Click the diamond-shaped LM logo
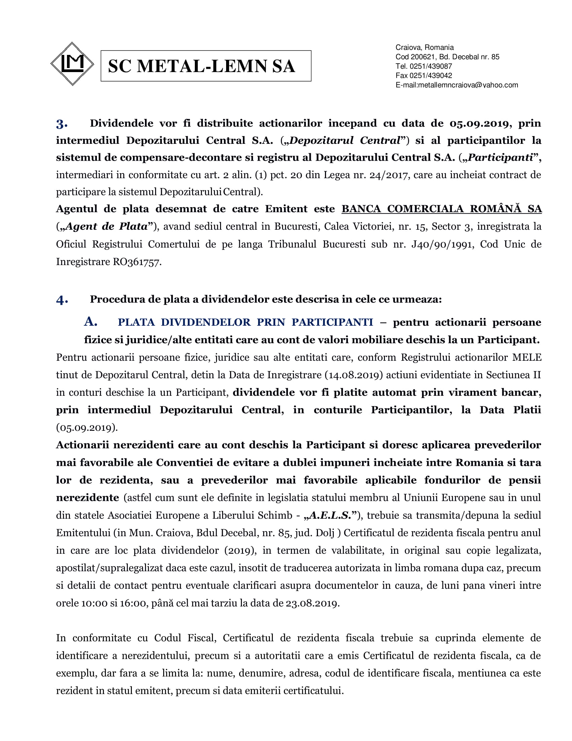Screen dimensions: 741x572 click(x=72, y=64)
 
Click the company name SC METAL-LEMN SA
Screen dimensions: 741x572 click(x=201, y=66)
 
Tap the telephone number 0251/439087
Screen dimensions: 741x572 click(x=431, y=66)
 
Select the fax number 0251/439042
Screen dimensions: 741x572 click(x=431, y=75)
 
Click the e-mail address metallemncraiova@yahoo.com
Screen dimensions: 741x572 click(x=468, y=85)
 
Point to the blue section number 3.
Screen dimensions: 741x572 click(x=62, y=124)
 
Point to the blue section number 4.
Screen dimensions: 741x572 click(x=62, y=300)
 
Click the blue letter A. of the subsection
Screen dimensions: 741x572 click(x=91, y=322)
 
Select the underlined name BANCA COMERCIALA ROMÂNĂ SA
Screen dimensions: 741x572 click(x=441, y=209)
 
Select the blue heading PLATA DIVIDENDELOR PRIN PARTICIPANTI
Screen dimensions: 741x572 click(x=245, y=322)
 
